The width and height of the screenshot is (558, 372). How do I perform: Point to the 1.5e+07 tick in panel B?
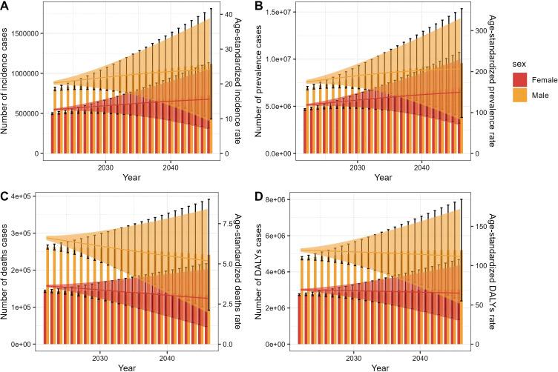[x=280, y=13]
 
